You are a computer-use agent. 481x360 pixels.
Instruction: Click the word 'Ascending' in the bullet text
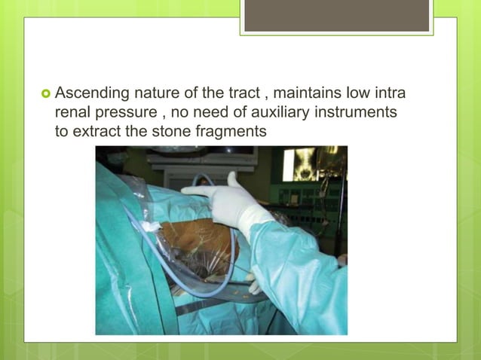(x=89, y=94)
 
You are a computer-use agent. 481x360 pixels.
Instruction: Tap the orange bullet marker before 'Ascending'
(x=44, y=94)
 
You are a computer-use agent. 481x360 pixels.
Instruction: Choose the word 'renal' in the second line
(x=73, y=112)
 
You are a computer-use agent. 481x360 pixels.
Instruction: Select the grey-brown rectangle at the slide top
(x=337, y=16)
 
